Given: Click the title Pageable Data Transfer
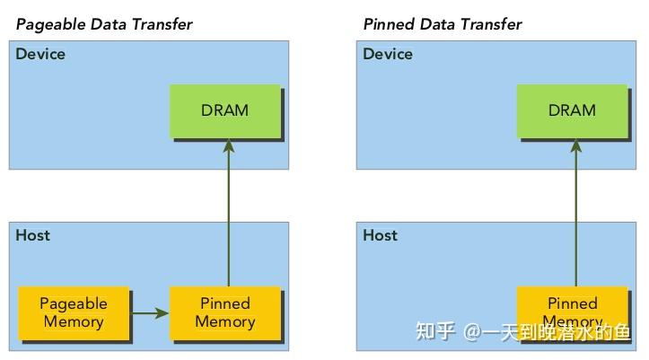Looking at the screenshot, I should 104,24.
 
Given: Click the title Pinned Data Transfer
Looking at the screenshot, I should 443,24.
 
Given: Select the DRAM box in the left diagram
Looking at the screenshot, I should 225,111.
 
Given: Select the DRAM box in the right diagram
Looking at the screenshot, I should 572,111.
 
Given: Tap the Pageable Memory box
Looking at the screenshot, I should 74,313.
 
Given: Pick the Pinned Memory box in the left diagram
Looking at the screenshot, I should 225,313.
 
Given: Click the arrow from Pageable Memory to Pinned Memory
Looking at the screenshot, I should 150,313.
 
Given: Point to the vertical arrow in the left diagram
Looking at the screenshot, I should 228,215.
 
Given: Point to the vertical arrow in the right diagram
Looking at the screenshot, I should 574,215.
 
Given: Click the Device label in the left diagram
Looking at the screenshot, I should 40,55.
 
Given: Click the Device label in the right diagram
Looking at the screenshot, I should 388,55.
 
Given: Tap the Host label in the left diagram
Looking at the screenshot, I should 33,236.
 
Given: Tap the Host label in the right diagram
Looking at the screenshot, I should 381,236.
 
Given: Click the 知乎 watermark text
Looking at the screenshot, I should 435,333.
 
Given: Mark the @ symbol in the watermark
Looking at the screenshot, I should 473,333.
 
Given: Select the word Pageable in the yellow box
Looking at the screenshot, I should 74,304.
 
